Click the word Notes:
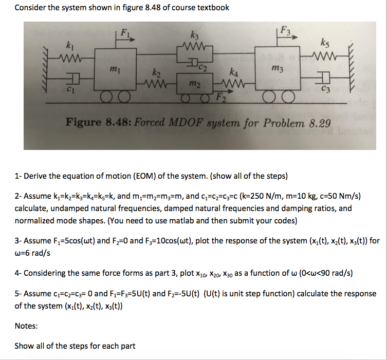click(x=26, y=326)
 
